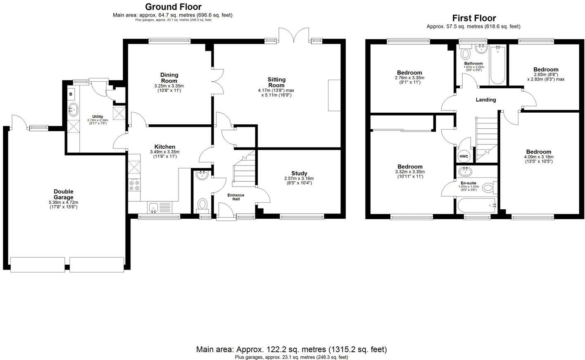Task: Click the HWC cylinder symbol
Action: (x=464, y=156)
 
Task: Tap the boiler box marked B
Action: (x=71, y=94)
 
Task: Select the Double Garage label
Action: (x=64, y=194)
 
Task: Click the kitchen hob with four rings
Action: (x=134, y=185)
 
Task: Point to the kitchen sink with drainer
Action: (x=160, y=208)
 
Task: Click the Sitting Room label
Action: (x=276, y=82)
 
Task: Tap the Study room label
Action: (x=299, y=173)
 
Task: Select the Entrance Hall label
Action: (x=236, y=197)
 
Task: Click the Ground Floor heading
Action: (x=174, y=7)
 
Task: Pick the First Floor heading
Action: (x=474, y=18)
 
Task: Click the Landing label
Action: (x=486, y=100)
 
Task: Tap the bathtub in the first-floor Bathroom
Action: (x=497, y=65)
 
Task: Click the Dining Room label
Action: (x=169, y=78)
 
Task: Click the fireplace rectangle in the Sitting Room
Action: (x=334, y=95)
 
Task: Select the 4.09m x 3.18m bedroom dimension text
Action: (x=538, y=157)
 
